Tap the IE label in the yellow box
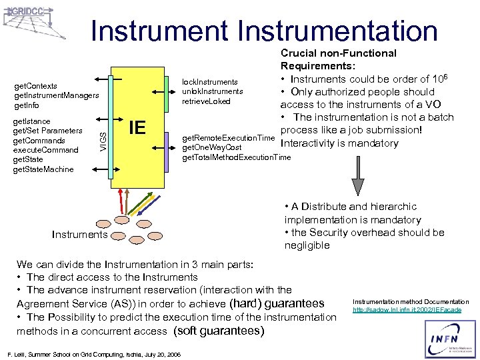click(x=137, y=127)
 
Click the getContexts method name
click(x=35, y=86)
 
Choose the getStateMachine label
click(x=43, y=169)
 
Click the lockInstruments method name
click(x=210, y=82)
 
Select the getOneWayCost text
click(x=213, y=147)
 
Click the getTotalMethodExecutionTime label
click(x=237, y=157)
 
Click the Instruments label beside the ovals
click(x=79, y=234)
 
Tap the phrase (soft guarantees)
click(x=219, y=331)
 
